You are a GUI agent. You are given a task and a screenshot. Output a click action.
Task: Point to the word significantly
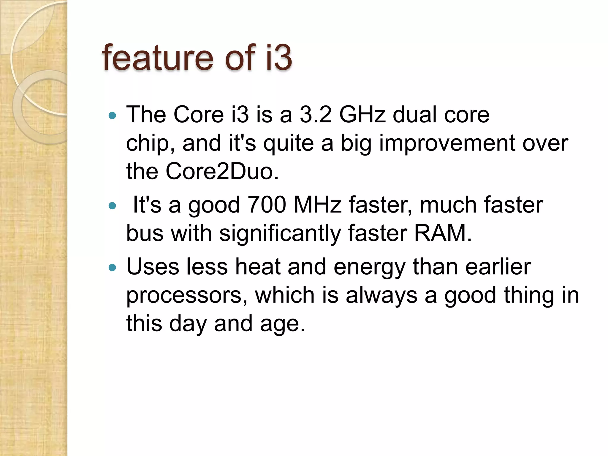tap(280, 233)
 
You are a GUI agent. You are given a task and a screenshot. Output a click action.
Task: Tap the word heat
tap(257, 266)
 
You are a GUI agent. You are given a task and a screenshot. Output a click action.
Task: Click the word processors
tap(186, 295)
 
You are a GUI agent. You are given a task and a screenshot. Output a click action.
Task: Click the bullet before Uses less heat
tap(112, 268)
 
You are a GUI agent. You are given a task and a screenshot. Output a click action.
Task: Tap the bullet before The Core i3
tap(112, 115)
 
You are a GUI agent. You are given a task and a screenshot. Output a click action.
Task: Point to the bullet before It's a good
tap(112, 206)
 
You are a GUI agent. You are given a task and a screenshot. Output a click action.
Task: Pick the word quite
tap(289, 144)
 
